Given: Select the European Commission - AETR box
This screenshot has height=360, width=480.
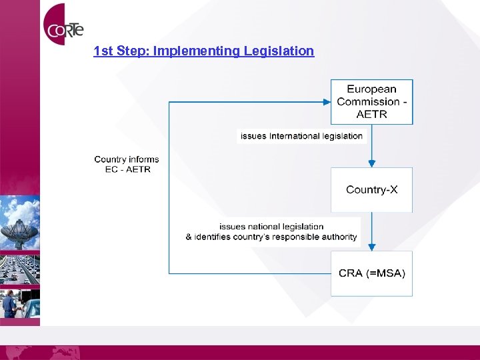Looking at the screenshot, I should (x=372, y=101).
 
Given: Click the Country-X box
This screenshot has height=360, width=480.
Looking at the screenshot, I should (x=372, y=189).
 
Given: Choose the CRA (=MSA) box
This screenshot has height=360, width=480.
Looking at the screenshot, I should (x=372, y=273).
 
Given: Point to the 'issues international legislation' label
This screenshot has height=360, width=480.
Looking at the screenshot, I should (x=301, y=136).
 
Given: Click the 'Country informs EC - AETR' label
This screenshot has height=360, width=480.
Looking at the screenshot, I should (x=127, y=164).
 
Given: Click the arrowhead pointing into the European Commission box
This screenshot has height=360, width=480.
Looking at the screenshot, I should (x=327, y=102).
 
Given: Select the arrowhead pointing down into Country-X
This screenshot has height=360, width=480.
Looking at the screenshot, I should (x=372, y=163).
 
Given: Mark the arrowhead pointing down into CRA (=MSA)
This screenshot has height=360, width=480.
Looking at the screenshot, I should (x=372, y=246).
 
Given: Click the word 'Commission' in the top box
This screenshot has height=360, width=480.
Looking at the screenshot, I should (x=367, y=101).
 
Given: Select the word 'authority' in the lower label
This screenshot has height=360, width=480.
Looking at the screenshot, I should (x=340, y=237).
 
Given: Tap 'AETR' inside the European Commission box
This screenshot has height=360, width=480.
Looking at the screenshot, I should (x=372, y=114).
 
